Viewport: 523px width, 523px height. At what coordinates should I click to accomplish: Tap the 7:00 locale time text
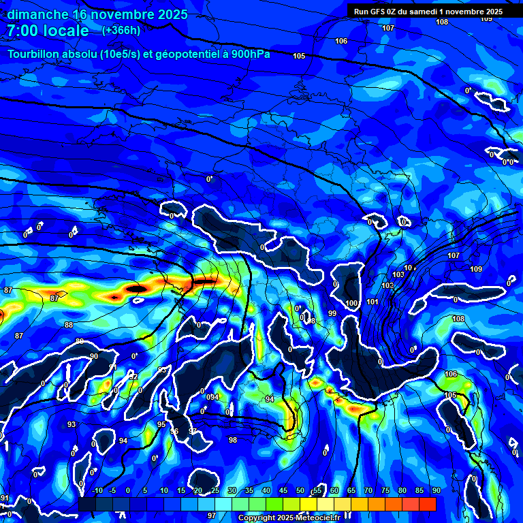tap(48, 31)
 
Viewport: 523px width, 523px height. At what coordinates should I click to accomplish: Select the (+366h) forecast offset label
tap(121, 30)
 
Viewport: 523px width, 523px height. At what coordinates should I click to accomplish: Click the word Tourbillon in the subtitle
tap(39, 54)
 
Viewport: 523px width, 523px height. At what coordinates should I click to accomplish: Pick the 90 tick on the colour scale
tap(436, 490)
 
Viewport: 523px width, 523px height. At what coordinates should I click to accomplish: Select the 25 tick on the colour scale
tap(215, 490)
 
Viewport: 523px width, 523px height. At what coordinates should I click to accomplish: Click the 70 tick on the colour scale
tap(368, 490)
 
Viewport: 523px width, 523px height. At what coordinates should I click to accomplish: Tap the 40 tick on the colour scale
tap(266, 490)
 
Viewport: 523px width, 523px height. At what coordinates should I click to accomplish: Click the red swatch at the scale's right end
tap(427, 504)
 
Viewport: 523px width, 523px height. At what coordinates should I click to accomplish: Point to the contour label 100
tap(351, 303)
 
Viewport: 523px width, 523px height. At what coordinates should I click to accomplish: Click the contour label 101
tap(373, 302)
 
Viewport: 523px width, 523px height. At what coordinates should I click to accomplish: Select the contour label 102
tap(388, 285)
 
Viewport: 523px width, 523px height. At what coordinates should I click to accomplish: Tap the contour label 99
tap(332, 313)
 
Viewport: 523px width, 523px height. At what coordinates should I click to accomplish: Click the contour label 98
tap(233, 440)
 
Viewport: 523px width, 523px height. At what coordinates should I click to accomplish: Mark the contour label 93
tap(72, 424)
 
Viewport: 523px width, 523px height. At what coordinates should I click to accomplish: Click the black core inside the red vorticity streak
tap(137, 289)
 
